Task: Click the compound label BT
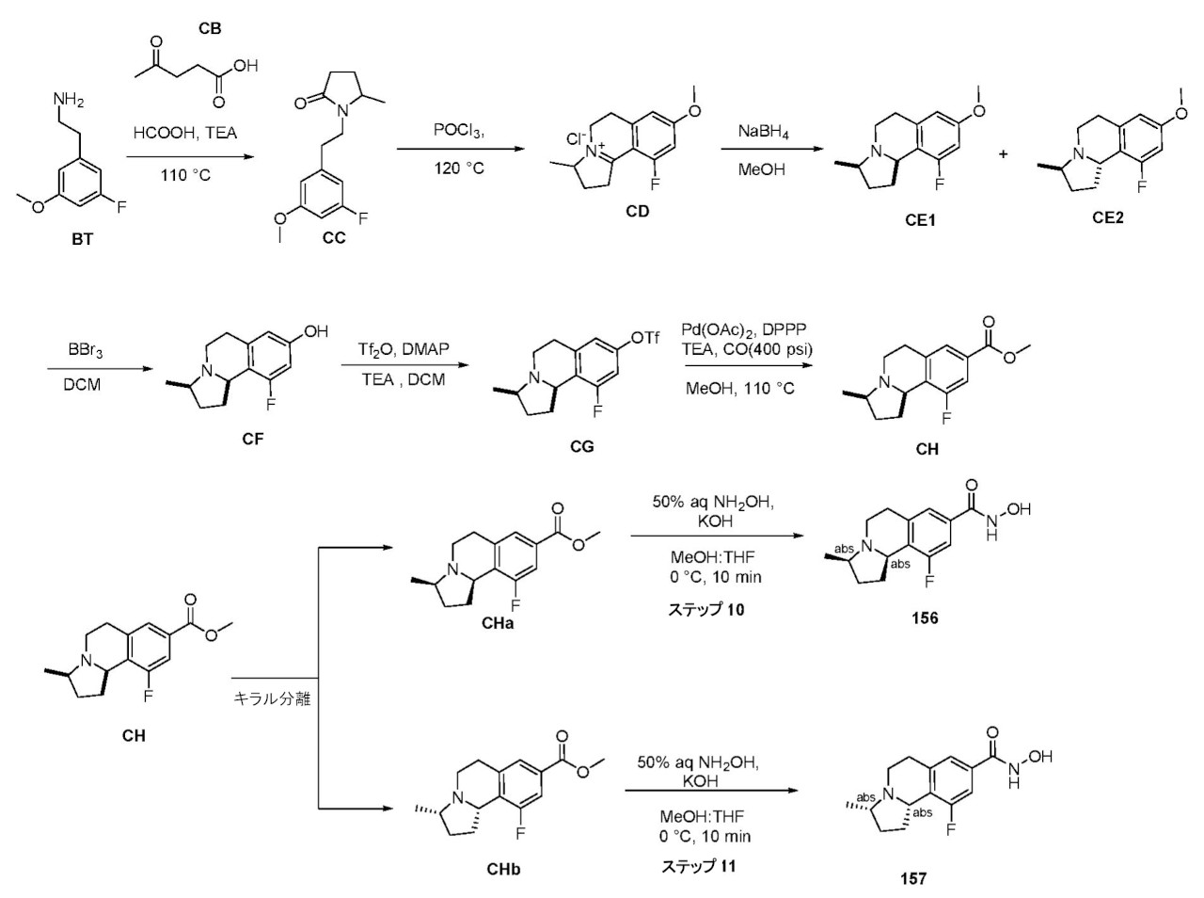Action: [82, 239]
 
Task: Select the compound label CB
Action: [210, 28]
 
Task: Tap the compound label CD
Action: [638, 212]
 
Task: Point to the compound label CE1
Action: [920, 220]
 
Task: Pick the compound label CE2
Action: [1107, 217]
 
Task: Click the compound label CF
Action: [253, 439]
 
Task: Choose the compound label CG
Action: [582, 447]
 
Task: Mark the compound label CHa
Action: [498, 623]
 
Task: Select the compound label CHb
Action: [503, 870]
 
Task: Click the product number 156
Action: [925, 618]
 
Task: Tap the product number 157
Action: [912, 879]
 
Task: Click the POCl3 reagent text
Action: [459, 130]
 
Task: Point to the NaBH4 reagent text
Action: [763, 132]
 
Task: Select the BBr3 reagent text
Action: [85, 349]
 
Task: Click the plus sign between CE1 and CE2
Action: [1003, 154]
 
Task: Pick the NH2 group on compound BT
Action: [68, 101]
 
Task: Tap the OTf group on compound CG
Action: [645, 337]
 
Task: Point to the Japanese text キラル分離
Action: [272, 698]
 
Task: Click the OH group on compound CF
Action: [315, 331]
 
